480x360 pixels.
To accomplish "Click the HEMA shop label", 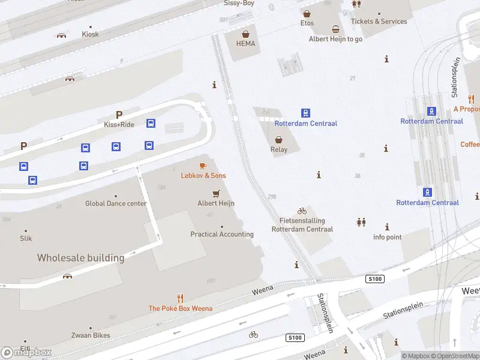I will click(x=245, y=43).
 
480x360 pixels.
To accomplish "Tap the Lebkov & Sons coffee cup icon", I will click(x=203, y=166).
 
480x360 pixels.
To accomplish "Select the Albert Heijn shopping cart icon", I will click(x=216, y=193).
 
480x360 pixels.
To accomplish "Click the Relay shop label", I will click(x=279, y=149).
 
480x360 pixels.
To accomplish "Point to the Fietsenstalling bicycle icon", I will click(x=302, y=211).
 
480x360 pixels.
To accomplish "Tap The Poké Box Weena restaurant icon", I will click(x=180, y=298).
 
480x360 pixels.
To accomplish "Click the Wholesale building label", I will click(x=80, y=258).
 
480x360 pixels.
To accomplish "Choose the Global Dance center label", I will click(x=116, y=203).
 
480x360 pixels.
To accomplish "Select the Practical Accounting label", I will click(x=222, y=234).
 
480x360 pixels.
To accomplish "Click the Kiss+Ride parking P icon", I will click(x=119, y=115).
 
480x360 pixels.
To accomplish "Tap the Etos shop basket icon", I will click(x=307, y=13).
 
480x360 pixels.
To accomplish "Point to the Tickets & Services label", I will click(x=379, y=21).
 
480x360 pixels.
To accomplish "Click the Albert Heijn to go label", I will click(x=335, y=39).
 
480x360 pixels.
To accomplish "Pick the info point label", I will click(x=387, y=237).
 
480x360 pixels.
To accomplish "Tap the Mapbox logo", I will click(x=26, y=352).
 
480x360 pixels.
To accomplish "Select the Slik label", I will click(x=26, y=238).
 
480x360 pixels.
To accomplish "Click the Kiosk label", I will click(x=90, y=34).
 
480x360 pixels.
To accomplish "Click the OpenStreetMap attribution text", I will click(x=457, y=356).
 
